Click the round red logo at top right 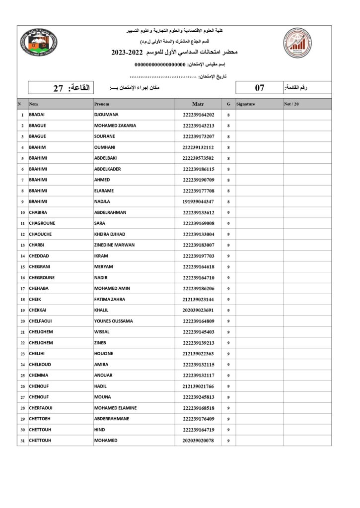click(x=298, y=44)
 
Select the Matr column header click(x=198, y=104)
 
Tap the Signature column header click(x=246, y=104)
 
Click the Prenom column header click(x=102, y=104)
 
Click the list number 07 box click(x=260, y=88)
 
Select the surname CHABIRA click(x=40, y=212)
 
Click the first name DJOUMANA click(x=106, y=115)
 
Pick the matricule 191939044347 click(x=198, y=201)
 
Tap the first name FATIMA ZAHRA click(x=109, y=299)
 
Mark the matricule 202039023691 click(x=198, y=310)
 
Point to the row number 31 click(x=22, y=441)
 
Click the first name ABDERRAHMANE click(x=111, y=419)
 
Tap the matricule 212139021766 click(x=198, y=386)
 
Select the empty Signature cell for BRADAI click(x=259, y=115)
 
